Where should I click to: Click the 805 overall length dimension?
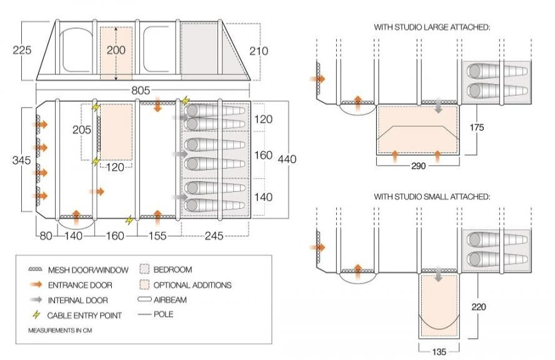coord(141,91)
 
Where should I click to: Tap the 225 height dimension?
coord(22,50)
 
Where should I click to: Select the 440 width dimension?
coord(287,159)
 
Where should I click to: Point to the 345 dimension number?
coord(22,161)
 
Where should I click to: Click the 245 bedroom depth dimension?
coord(214,236)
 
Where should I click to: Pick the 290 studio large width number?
coord(418,166)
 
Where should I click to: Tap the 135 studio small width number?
coord(439,352)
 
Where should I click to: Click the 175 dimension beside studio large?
coord(476,127)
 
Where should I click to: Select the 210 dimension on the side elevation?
coord(259,51)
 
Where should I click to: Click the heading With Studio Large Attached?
coord(432,27)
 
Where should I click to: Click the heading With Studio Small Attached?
coord(432,196)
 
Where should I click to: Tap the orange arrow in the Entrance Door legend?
coord(36,284)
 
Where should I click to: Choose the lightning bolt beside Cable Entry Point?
coord(36,314)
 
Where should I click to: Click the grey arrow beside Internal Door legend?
coord(36,300)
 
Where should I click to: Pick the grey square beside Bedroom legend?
coord(144,269)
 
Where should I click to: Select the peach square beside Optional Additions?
coord(144,285)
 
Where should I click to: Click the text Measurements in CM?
coord(60,330)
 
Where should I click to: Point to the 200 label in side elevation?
coord(116,50)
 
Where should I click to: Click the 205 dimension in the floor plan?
coord(82,130)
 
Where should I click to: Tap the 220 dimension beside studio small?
coord(479,306)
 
